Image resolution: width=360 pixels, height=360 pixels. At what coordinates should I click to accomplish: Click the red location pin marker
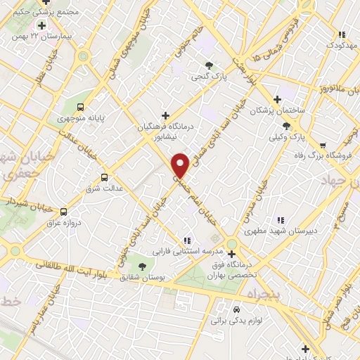click(x=181, y=165)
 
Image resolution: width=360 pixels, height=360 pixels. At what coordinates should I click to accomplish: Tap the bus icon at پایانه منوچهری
click(x=81, y=107)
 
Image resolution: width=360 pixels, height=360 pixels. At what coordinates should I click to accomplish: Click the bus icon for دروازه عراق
click(x=64, y=211)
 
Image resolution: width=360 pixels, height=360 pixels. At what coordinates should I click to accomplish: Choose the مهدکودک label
click(x=342, y=45)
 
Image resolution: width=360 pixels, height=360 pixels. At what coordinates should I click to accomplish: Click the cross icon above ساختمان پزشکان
click(x=277, y=99)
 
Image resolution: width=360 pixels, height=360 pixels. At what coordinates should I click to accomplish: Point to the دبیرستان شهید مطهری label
click(x=280, y=230)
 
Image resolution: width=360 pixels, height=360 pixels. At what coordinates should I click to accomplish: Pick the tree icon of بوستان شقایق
click(x=143, y=266)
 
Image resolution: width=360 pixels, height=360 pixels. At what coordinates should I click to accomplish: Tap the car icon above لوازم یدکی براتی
click(x=237, y=309)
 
